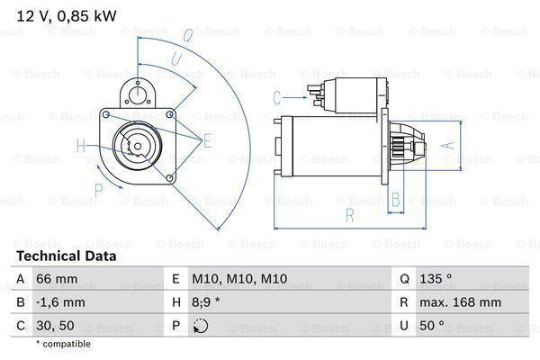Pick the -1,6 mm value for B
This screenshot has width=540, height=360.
[x=59, y=303]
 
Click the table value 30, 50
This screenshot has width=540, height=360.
[x=55, y=326]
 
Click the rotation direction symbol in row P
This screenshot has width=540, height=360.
[x=201, y=326]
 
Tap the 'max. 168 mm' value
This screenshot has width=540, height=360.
[x=463, y=303]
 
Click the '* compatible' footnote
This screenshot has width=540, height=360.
[x=63, y=344]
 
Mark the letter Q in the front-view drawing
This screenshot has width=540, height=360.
[x=187, y=36]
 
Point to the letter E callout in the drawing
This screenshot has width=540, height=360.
[x=206, y=140]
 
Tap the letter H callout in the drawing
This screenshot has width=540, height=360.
[x=81, y=145]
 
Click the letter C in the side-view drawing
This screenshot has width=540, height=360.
[x=277, y=95]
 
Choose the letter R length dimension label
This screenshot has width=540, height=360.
[x=348, y=214]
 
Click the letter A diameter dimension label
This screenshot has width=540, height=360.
[x=453, y=144]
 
